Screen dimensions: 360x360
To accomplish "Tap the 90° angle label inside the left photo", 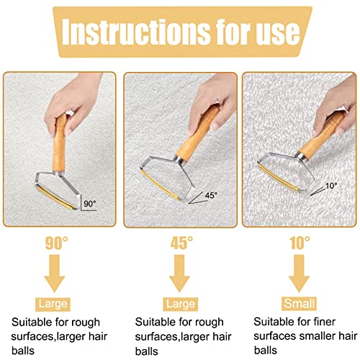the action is coord(90,204).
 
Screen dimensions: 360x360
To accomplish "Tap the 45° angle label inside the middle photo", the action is coord(211,195).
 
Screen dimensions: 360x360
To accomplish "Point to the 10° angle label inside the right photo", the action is coord(331,186).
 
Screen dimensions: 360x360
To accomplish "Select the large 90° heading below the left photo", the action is coord(57,243).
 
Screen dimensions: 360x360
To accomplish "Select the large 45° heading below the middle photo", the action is coord(181,243).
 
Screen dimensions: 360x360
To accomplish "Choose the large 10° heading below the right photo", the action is coord(300,243).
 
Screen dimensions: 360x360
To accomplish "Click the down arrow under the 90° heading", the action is coord(55,274).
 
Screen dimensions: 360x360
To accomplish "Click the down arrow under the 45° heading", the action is coord(179,274).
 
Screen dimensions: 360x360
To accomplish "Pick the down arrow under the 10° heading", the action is coord(299,274).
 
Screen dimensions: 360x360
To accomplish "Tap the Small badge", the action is coord(299,304).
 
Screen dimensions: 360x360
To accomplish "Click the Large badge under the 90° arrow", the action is coord(53,305).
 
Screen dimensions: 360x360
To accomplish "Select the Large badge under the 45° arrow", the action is coord(181,305).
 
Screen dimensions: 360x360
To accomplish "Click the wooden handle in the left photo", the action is coord(59,143).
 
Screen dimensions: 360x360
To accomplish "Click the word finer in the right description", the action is coord(324,322).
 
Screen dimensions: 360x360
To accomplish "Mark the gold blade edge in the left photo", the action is coord(55,198).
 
